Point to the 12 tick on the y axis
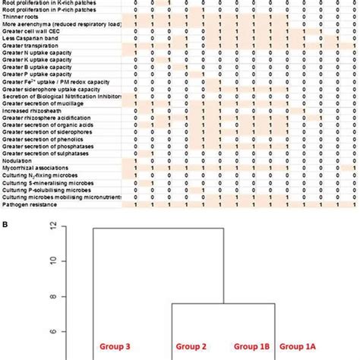tap(54, 226)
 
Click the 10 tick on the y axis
tap(54, 261)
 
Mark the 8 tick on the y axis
tap(54, 296)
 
